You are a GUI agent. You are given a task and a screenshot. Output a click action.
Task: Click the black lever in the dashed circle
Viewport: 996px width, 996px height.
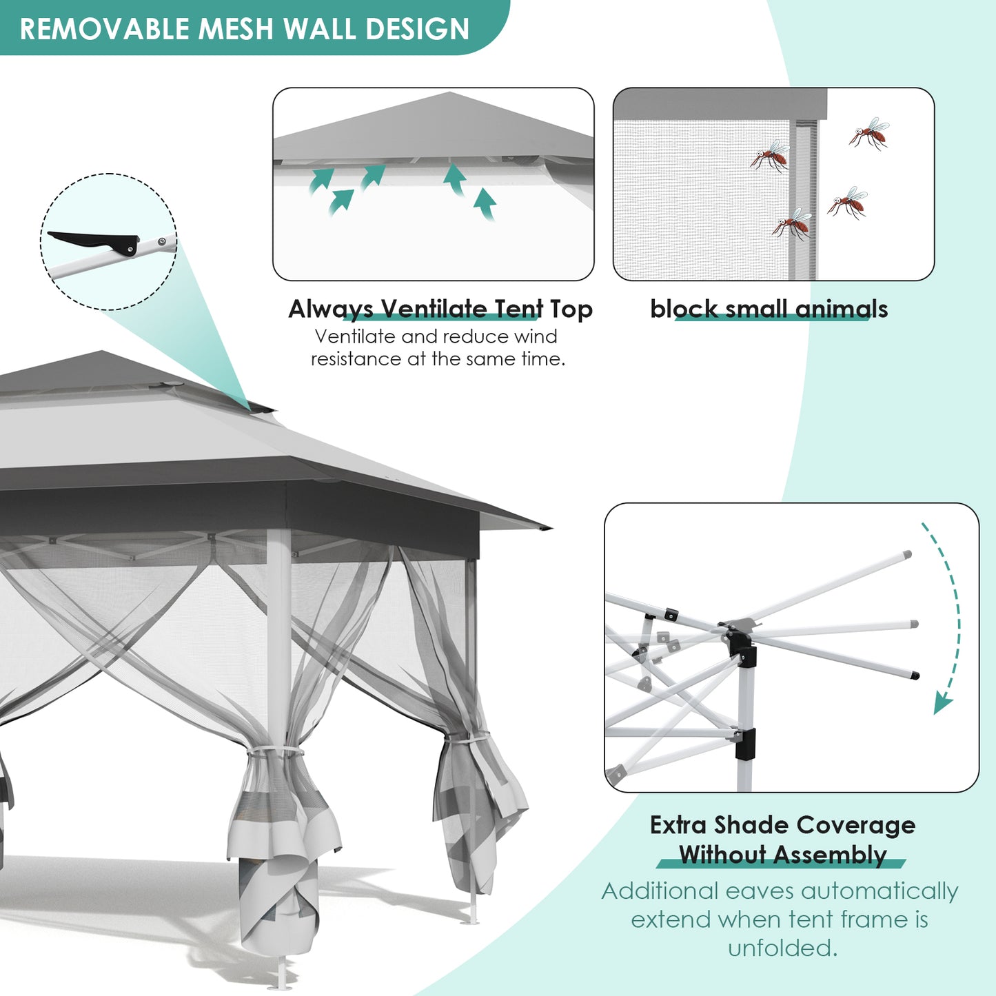point(94,242)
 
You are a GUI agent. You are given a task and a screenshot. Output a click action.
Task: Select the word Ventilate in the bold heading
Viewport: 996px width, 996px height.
point(434,309)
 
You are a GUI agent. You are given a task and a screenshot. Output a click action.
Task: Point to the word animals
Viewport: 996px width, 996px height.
point(842,309)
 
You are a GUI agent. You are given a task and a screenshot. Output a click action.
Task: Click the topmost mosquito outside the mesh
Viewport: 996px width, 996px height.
point(869,133)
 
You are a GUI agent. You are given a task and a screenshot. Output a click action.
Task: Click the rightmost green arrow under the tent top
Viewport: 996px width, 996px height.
point(485,203)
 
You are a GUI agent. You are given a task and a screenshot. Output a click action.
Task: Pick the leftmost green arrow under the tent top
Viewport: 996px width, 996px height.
point(321,181)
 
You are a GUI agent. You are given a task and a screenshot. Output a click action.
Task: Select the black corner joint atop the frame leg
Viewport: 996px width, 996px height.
point(742,647)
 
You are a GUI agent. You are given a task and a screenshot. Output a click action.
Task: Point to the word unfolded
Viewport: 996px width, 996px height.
point(782,948)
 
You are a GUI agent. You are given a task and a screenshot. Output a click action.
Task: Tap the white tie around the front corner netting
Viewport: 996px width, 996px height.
point(274,751)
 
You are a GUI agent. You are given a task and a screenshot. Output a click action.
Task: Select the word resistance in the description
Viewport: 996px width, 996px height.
point(356,358)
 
